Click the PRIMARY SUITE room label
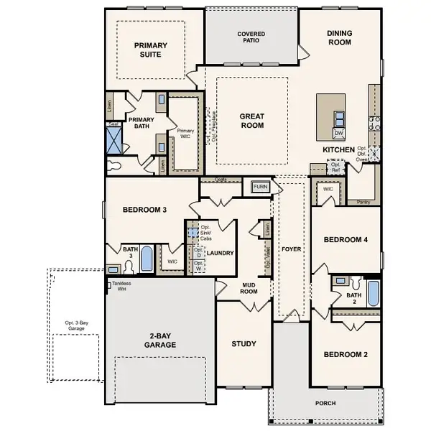(x=150, y=50)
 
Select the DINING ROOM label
(x=338, y=37)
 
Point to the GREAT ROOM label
(x=252, y=121)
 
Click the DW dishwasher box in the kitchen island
(x=338, y=134)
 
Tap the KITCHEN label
(x=338, y=149)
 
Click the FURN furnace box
(x=259, y=187)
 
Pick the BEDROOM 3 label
(x=144, y=210)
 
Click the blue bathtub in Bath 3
(x=147, y=258)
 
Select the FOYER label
(x=292, y=249)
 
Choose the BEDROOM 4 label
(x=345, y=239)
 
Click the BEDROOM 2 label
(x=345, y=355)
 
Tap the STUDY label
(x=244, y=343)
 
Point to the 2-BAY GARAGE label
(x=159, y=340)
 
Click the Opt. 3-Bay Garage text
(x=78, y=325)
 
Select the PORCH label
(x=325, y=403)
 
